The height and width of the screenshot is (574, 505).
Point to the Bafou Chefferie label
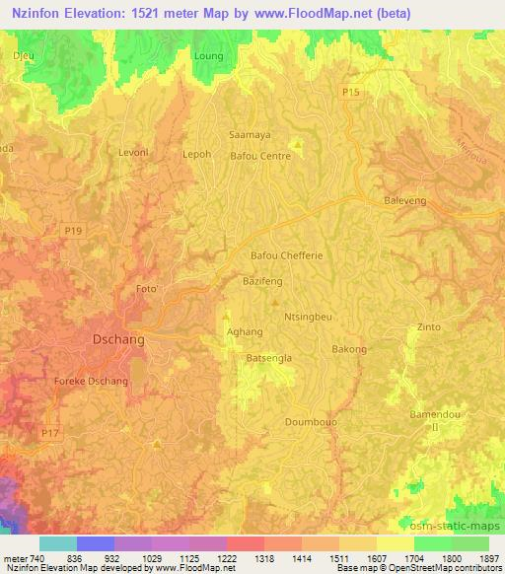click(287, 255)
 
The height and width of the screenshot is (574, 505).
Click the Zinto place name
click(429, 326)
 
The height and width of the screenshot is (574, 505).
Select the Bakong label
click(349, 349)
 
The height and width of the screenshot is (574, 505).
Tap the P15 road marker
click(351, 92)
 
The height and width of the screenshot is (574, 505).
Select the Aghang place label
click(246, 332)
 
